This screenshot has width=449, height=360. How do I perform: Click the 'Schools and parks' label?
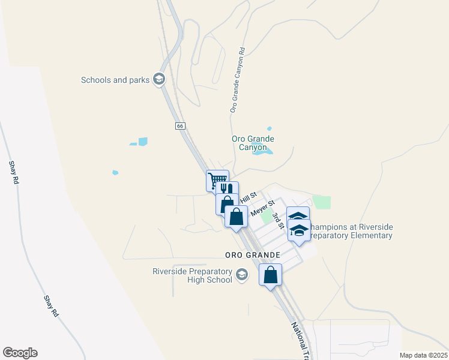(x=115, y=80)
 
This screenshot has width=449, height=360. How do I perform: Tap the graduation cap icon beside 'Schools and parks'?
(x=159, y=79)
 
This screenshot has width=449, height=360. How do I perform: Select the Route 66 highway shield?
(x=180, y=126)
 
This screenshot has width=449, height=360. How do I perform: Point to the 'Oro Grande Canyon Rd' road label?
(x=238, y=81)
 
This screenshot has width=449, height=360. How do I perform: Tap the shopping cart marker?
(x=217, y=180)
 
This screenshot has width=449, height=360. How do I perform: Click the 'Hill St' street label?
(x=249, y=196)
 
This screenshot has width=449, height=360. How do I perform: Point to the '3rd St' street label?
(x=277, y=221)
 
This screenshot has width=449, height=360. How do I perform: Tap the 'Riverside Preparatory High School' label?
(x=192, y=275)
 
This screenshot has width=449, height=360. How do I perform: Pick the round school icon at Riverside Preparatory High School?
(x=242, y=275)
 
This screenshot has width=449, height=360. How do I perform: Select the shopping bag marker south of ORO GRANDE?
(x=271, y=275)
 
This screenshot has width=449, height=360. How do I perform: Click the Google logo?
(x=20, y=353)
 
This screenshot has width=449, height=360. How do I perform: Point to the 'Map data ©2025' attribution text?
(x=423, y=355)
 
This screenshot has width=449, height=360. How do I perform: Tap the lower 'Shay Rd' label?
(x=51, y=306)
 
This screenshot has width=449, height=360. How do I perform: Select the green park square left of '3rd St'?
(x=267, y=217)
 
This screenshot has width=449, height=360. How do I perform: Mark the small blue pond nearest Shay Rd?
(x=115, y=173)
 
